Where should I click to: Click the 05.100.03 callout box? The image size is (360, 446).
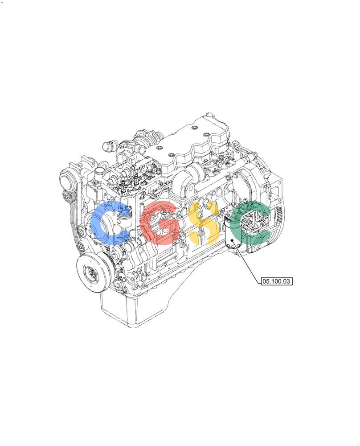(x=277, y=281)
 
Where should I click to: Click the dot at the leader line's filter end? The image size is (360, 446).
(x=232, y=240)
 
